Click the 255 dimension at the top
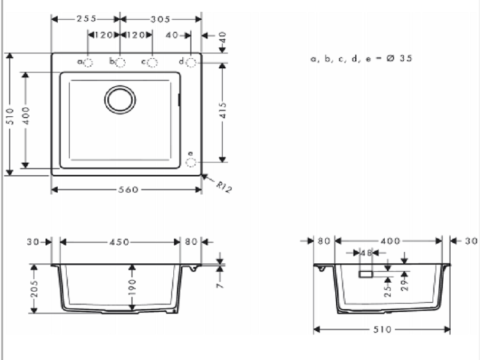point(86,19)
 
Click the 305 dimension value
point(160,20)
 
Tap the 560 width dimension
point(128,190)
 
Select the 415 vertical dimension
point(223,110)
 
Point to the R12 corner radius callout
point(224,187)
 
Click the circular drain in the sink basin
point(120,100)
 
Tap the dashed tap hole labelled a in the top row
point(88,63)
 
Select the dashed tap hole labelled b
point(120,63)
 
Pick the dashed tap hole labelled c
point(152,63)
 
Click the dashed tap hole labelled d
point(191,63)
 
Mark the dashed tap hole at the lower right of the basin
point(191,162)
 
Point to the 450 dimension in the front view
point(120,242)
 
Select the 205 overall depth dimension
point(35,289)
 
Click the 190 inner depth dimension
point(132,286)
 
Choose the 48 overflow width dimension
point(366,253)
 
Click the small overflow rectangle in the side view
point(366,274)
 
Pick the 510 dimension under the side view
point(382,329)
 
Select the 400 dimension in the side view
point(390,241)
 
